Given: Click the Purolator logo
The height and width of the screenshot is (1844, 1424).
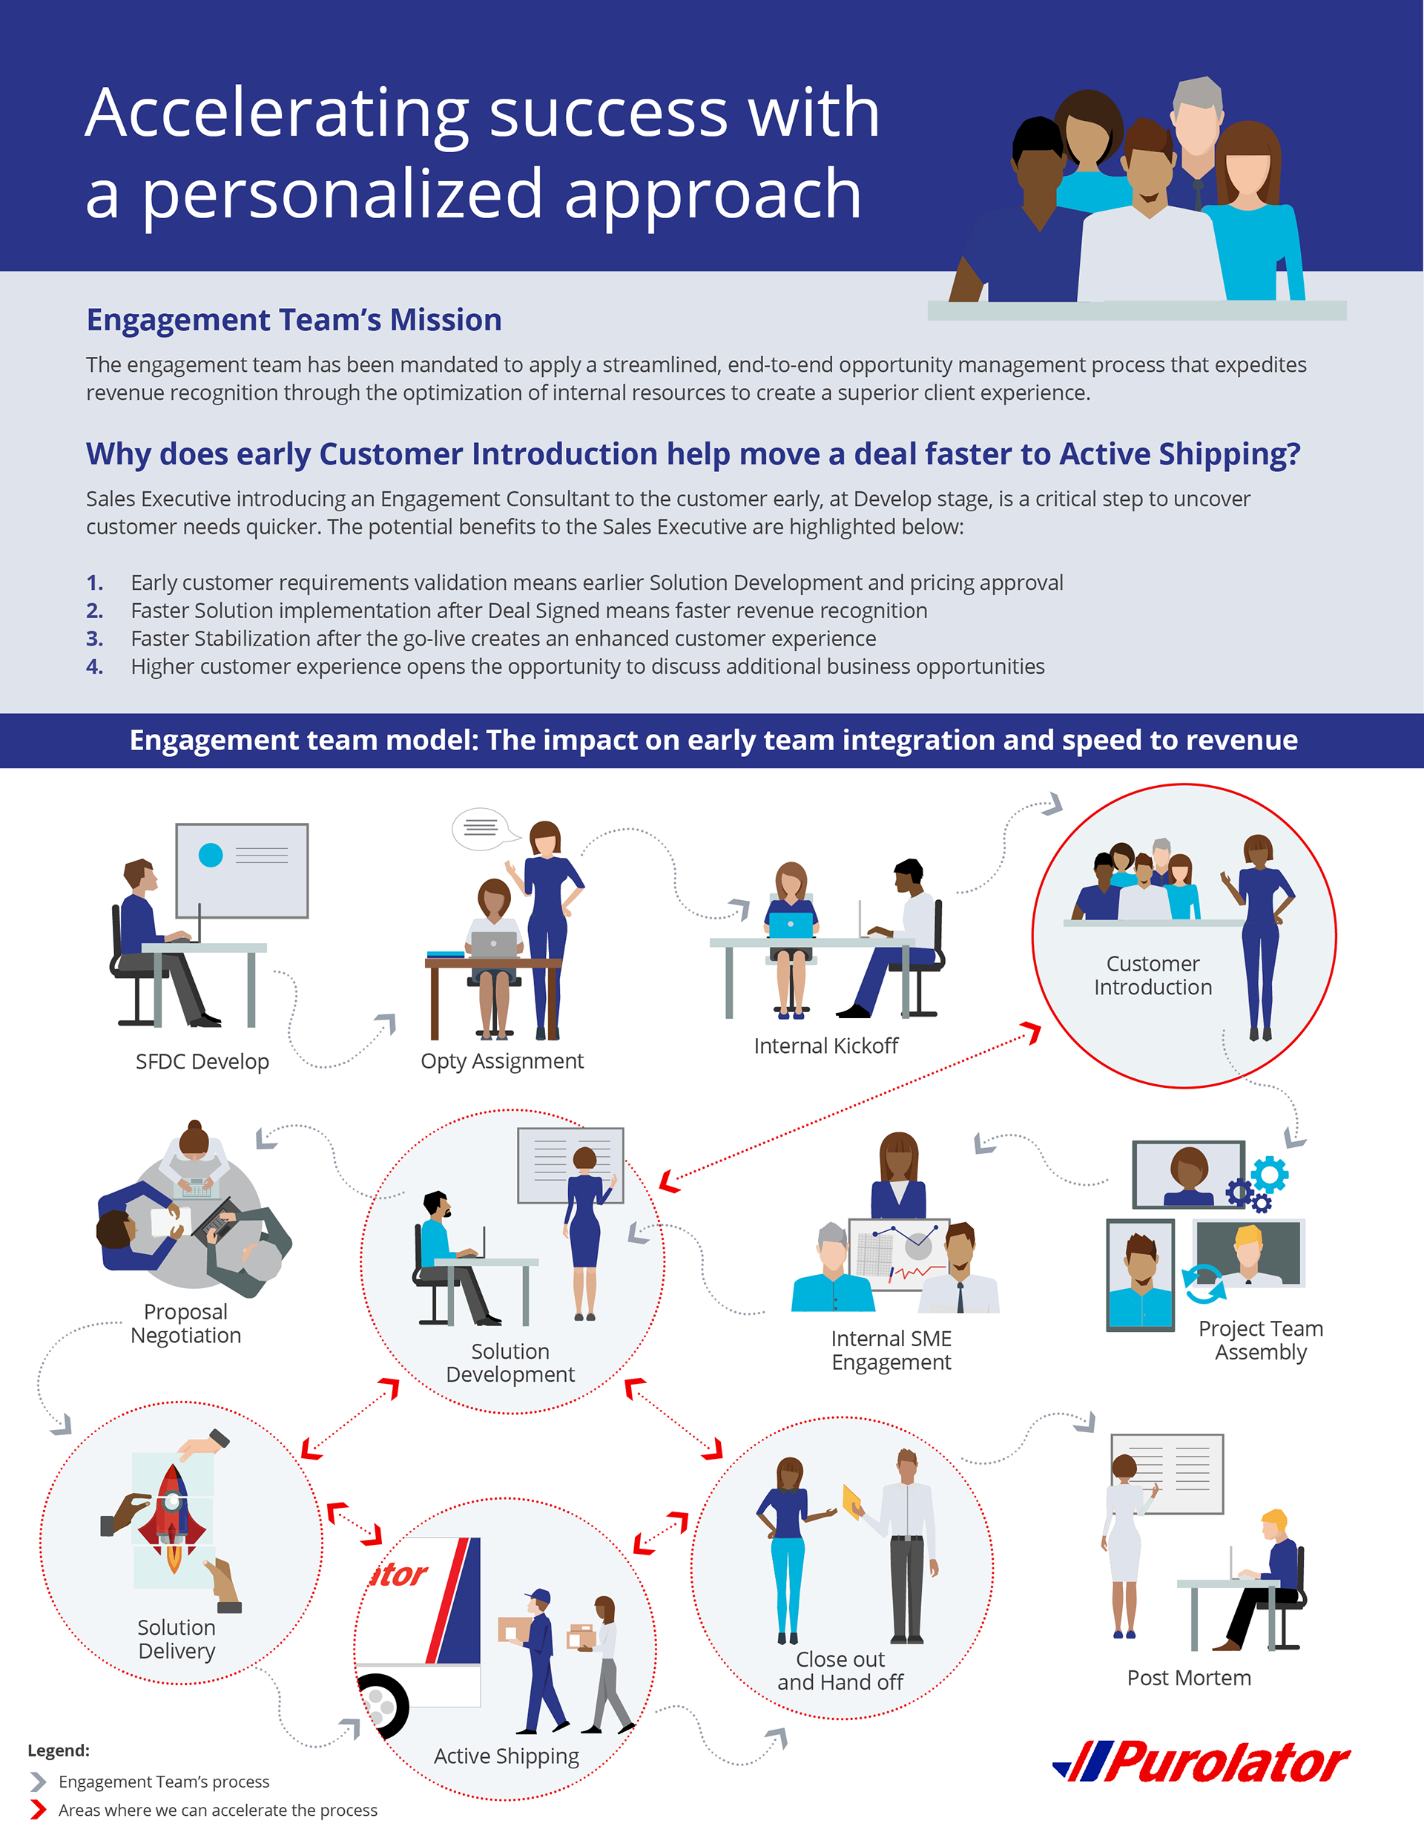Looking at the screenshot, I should (x=1202, y=1763).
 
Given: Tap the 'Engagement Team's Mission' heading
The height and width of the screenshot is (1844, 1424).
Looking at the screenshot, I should (x=294, y=320).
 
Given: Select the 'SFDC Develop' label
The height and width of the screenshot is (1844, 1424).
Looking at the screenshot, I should (x=202, y=1061).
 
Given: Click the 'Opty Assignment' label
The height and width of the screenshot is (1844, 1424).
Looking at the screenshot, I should (x=502, y=1061).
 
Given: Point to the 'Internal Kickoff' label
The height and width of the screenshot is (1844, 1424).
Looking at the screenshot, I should (x=825, y=1046).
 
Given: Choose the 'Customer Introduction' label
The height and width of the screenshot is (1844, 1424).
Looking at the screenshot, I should (x=1153, y=975).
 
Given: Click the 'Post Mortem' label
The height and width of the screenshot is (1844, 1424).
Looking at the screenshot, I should (x=1188, y=1678).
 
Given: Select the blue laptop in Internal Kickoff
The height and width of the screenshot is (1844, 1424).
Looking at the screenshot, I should (x=791, y=925).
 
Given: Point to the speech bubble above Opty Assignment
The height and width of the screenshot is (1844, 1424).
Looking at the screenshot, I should (x=481, y=827).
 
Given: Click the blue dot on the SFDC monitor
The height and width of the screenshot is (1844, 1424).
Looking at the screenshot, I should (x=210, y=856).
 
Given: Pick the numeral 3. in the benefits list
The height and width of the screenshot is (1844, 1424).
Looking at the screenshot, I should (x=94, y=638).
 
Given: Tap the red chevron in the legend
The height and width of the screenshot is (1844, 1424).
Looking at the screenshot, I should (x=38, y=1809).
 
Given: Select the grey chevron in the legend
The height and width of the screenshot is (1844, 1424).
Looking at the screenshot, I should (x=38, y=1782).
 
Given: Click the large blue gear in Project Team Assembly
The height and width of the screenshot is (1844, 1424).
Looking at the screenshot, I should (x=1270, y=1175).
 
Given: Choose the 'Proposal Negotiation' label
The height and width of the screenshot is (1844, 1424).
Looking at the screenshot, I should (x=185, y=1323).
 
